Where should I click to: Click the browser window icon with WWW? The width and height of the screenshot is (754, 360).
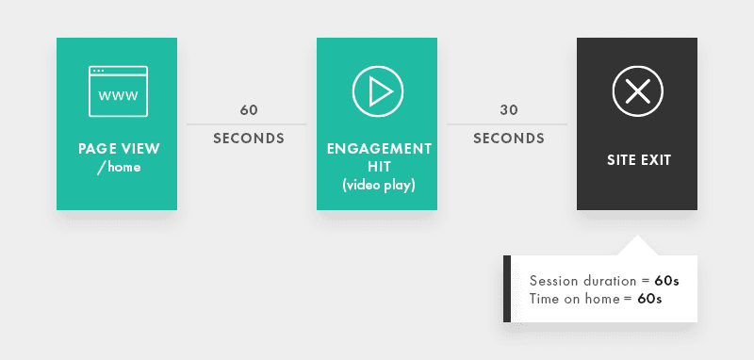click(x=118, y=91)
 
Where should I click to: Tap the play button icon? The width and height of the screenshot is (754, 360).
click(x=377, y=91)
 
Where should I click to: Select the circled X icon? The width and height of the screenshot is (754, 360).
click(x=637, y=91)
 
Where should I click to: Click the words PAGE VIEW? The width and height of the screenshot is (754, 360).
click(x=119, y=149)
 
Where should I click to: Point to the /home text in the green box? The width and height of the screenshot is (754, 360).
click(x=119, y=167)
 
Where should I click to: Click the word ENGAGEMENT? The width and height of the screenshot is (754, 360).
click(x=378, y=149)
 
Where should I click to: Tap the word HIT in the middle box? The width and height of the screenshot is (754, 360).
click(x=378, y=167)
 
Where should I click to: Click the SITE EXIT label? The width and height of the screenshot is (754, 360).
click(x=638, y=160)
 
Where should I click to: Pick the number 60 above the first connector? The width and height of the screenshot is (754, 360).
click(x=249, y=110)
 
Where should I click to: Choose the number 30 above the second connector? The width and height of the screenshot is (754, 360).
click(x=509, y=110)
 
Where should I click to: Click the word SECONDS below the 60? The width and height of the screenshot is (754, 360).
click(x=249, y=139)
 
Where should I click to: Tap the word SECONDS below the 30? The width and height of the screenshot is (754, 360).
click(x=509, y=139)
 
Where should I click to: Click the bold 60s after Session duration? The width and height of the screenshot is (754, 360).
click(x=667, y=281)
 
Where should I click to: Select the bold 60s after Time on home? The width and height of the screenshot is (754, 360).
click(x=649, y=299)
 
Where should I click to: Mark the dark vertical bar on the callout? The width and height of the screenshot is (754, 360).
click(x=507, y=288)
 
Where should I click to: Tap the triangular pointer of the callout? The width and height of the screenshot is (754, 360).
click(x=637, y=247)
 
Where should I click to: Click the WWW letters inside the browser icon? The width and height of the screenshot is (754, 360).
click(x=118, y=96)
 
